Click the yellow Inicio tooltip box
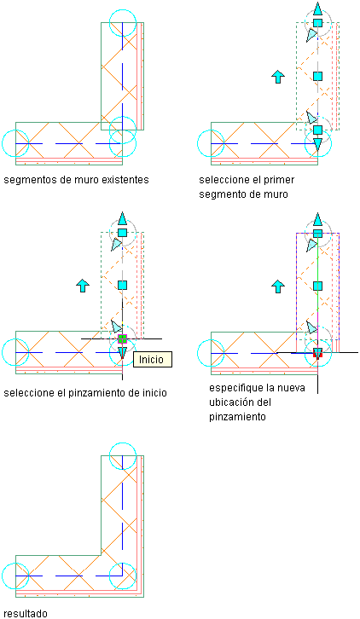(x=153, y=359)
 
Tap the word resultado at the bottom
(x=26, y=613)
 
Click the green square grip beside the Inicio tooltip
(x=123, y=338)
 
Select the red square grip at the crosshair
(x=317, y=352)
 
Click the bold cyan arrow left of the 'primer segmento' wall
(x=278, y=77)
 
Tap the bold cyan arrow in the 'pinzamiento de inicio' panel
(x=83, y=285)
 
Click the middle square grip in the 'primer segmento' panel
(x=317, y=76)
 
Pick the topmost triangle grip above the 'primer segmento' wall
(x=317, y=9)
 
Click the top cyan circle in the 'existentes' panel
(x=123, y=9)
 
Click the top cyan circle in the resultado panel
(x=123, y=443)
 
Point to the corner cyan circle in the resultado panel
(x=109, y=576)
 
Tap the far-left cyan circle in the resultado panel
(x=2, y=576)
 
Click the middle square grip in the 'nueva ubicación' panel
(x=317, y=286)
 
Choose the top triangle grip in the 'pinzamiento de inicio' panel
(x=123, y=219)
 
